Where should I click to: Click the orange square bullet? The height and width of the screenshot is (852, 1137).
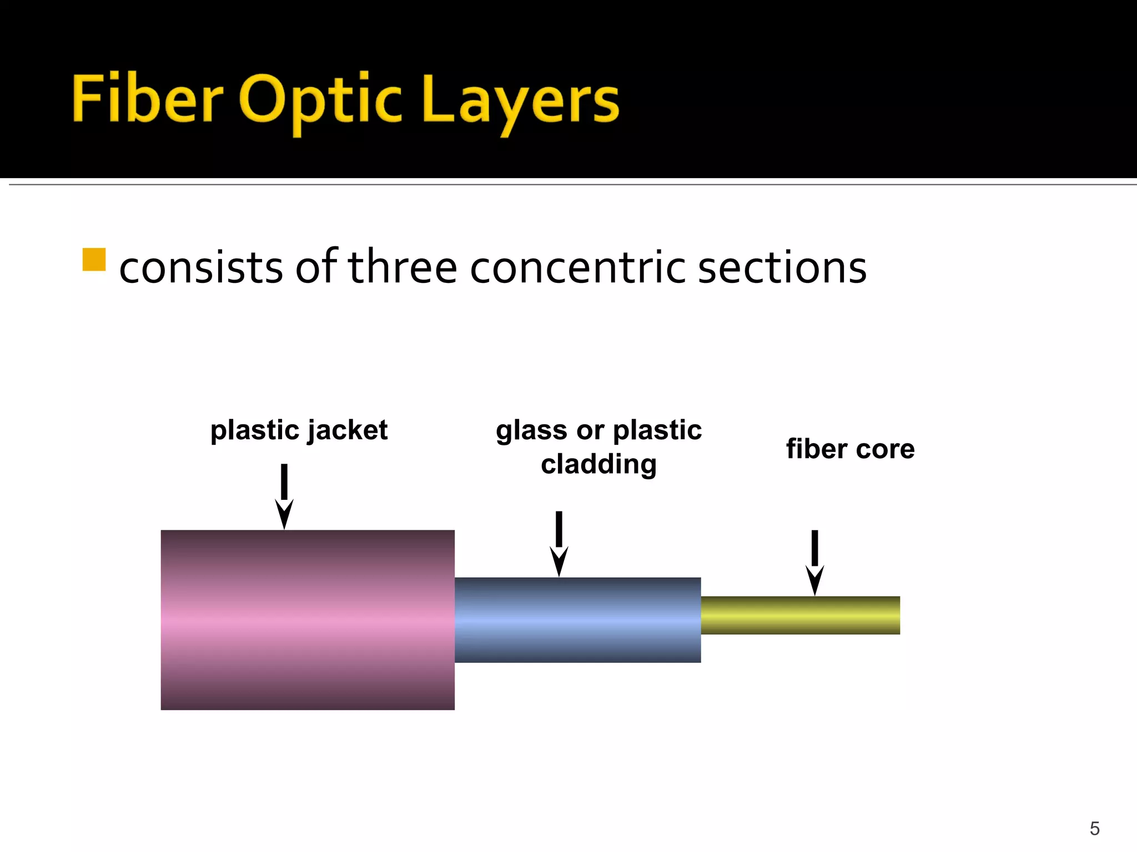(x=94, y=260)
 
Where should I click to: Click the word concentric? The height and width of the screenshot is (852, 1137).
(x=578, y=267)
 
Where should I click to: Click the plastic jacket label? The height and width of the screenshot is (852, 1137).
(x=299, y=430)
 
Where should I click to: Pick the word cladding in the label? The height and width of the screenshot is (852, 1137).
(x=598, y=464)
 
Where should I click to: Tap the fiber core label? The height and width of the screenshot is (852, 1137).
(x=850, y=449)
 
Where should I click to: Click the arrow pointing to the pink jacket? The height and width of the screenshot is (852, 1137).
(x=284, y=496)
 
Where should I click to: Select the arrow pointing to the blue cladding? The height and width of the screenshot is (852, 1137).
(x=559, y=544)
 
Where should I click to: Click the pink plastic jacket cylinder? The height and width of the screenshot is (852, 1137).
(x=308, y=620)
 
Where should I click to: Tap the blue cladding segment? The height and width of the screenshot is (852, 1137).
(x=577, y=620)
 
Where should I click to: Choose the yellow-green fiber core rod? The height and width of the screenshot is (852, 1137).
(x=800, y=615)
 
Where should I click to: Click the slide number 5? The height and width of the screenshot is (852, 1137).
(x=1094, y=829)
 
